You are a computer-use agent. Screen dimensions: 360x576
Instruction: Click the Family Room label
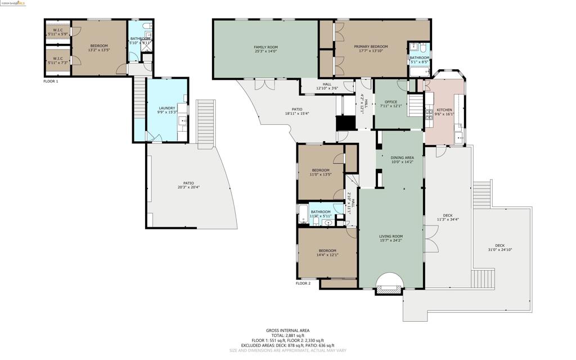point(265,47)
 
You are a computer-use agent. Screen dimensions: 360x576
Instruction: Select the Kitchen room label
point(444,110)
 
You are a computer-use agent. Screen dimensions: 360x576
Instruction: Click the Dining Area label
point(403,157)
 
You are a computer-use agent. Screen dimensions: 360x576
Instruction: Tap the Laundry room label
point(166,108)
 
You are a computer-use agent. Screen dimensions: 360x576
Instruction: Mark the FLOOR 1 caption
point(51,81)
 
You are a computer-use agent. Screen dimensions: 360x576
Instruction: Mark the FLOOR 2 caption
point(303,283)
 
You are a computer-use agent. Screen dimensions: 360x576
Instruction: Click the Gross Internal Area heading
point(287,330)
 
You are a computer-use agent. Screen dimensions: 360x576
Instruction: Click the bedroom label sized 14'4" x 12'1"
point(327,250)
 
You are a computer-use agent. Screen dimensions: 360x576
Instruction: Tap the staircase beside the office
point(415,105)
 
